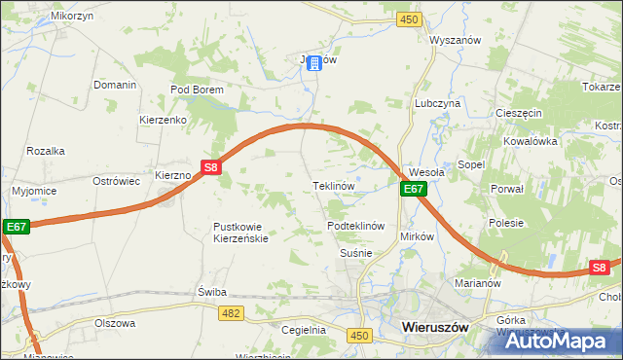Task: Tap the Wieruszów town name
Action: pyautogui.click(x=435, y=328)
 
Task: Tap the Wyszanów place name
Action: pyautogui.click(x=456, y=40)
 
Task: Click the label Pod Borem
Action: pyautogui.click(x=197, y=90)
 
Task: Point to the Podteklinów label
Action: pyautogui.click(x=357, y=226)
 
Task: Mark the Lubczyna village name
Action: pyautogui.click(x=437, y=103)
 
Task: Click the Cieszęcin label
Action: pyautogui.click(x=518, y=113)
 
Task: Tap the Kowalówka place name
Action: pyautogui.click(x=530, y=140)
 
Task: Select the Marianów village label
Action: pyautogui.click(x=477, y=284)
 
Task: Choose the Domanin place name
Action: pyautogui.click(x=114, y=85)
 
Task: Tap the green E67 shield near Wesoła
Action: pyautogui.click(x=413, y=189)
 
